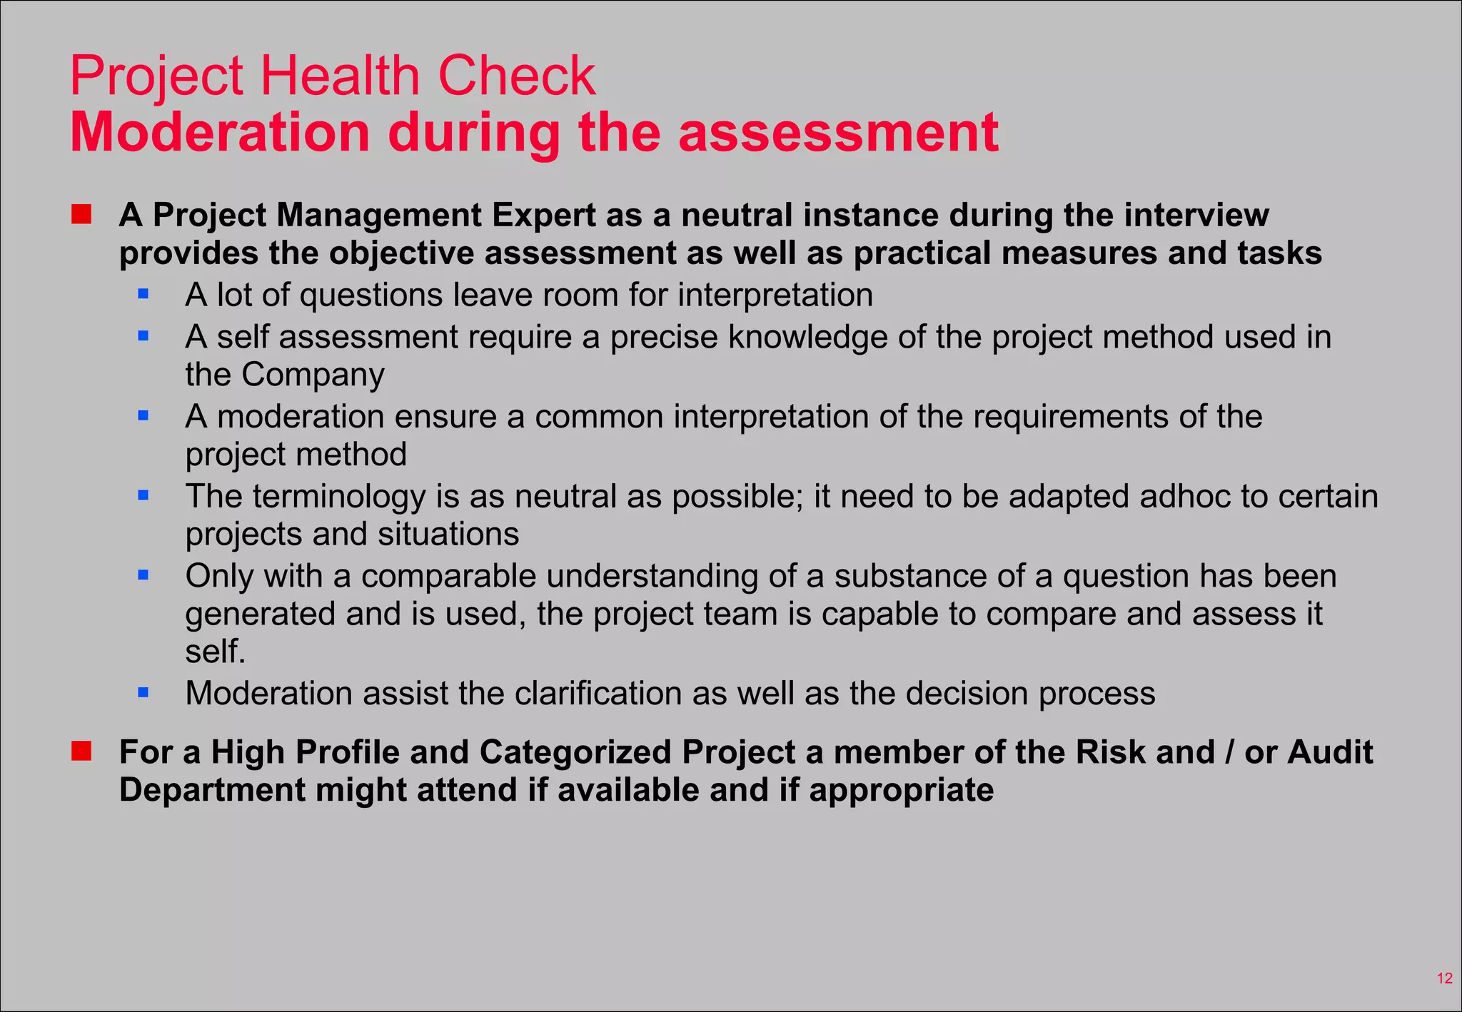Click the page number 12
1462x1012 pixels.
point(1444,978)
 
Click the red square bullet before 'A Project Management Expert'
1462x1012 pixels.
point(81,214)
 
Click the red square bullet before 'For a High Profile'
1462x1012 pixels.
point(81,751)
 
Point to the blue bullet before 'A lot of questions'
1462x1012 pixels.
point(143,293)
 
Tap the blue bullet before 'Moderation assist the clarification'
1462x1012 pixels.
point(143,692)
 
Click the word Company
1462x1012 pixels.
point(313,375)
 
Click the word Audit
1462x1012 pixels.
point(1330,752)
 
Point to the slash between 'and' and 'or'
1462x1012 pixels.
point(1229,752)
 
